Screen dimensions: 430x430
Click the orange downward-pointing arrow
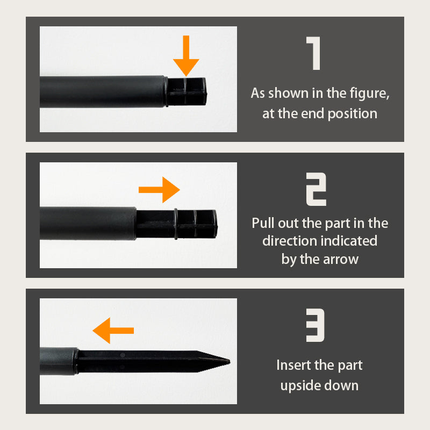186,56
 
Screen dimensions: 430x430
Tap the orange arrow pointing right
159,190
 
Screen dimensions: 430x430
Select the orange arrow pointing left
113,331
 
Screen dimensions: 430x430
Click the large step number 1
313,53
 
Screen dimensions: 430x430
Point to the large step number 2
316,189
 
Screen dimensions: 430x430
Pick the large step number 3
315,325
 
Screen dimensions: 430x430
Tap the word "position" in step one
353,114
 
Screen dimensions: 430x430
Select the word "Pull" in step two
263,223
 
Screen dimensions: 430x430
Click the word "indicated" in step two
349,241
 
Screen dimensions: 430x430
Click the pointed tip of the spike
230,362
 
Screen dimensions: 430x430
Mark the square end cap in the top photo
187,92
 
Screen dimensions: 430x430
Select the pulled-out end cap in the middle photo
177,224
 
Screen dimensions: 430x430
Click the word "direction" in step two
290,241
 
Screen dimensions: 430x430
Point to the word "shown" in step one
288,93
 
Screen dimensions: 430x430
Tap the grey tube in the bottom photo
59,361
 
